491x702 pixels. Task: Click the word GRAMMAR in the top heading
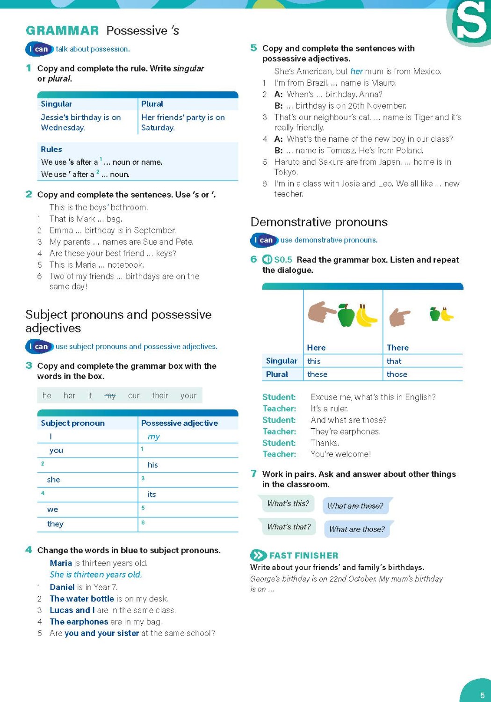point(62,31)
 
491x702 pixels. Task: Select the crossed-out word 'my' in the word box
point(110,396)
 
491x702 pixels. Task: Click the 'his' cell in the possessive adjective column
point(152,465)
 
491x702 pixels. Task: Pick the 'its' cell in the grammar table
point(152,494)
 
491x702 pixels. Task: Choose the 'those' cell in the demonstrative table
point(397,374)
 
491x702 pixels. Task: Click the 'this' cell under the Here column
point(314,361)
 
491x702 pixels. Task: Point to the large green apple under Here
point(346,315)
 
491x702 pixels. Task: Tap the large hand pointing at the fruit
point(321,312)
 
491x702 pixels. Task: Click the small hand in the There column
point(399,317)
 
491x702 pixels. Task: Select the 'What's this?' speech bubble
point(288,504)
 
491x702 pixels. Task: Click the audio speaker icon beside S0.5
point(267,260)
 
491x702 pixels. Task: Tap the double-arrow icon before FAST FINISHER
point(258,556)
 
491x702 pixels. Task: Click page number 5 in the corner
point(482,695)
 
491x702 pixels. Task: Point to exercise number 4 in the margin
point(29,550)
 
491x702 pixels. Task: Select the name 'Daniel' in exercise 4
point(62,587)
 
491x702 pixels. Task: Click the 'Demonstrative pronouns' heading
point(319,222)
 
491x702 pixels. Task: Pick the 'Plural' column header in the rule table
point(152,104)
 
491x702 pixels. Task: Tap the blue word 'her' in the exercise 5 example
point(356,71)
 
